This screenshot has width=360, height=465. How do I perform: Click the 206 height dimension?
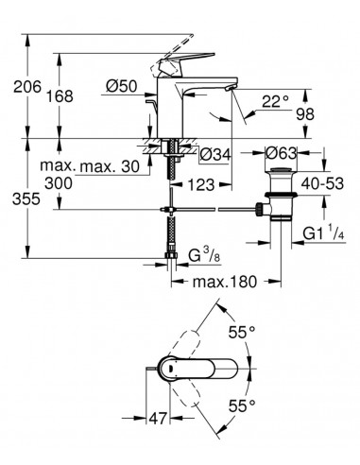(27, 87)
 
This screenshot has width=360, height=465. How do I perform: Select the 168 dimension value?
(60, 96)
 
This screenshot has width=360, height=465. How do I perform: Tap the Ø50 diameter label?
(122, 86)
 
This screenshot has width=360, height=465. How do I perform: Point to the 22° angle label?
(275, 101)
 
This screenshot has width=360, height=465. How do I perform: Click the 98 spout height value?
(305, 114)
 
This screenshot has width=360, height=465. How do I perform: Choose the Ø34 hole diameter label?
(215, 154)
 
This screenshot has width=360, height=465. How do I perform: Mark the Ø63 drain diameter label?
(281, 153)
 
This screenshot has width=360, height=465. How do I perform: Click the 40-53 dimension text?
(322, 183)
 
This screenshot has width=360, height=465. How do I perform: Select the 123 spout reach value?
(201, 184)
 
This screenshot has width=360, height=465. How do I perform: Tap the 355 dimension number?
(26, 199)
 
